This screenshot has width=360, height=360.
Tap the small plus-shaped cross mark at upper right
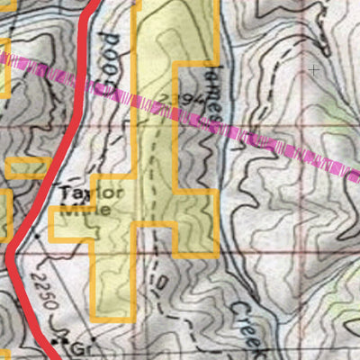pyautogui.click(x=314, y=68)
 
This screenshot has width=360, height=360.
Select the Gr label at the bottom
pyautogui.click(x=88, y=346)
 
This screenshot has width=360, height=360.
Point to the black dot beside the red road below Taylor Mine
pyautogui.click(x=38, y=236)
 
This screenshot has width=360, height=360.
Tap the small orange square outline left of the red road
pyautogui.click(x=27, y=168)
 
